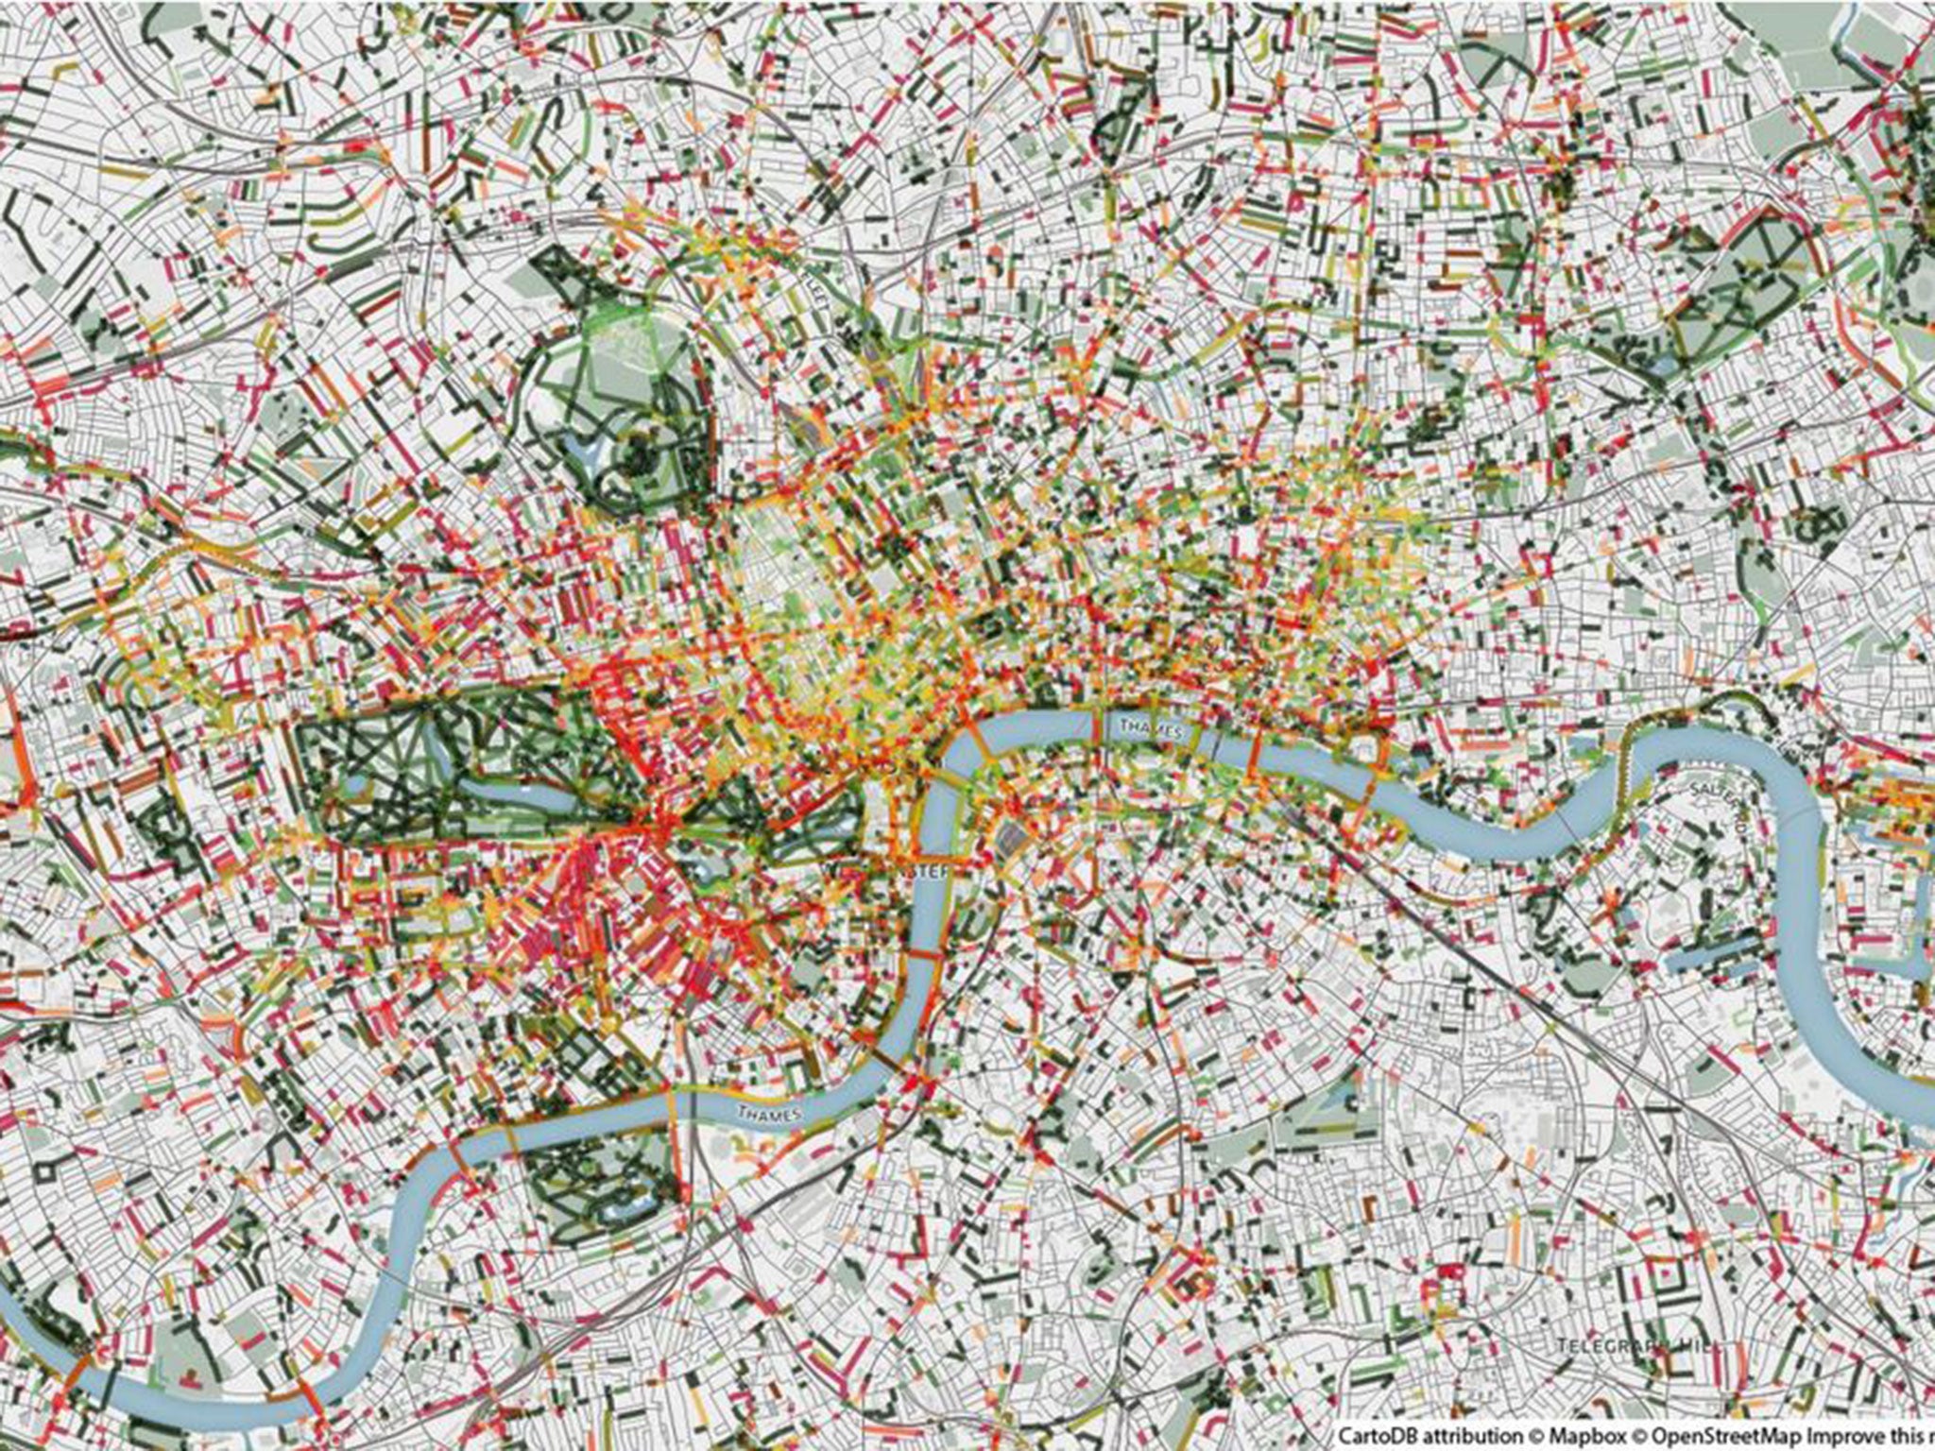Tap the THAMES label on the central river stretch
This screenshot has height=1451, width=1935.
click(1144, 725)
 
